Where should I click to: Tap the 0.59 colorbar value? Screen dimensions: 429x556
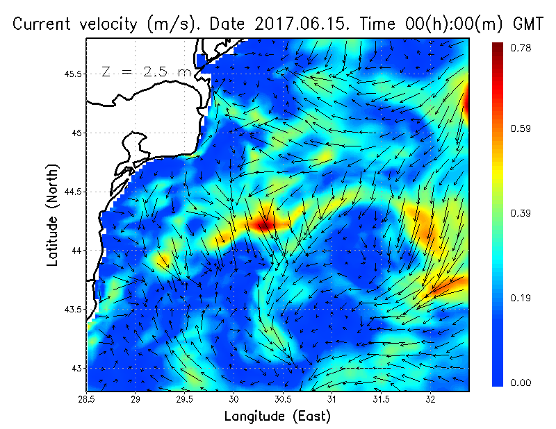[521, 128]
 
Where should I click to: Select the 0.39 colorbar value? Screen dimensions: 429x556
[521, 213]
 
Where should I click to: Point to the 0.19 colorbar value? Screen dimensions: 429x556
[521, 298]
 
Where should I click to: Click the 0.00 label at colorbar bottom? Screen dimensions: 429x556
[521, 382]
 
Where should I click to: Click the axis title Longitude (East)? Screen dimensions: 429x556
[277, 417]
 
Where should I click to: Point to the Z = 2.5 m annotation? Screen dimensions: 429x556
[146, 71]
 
